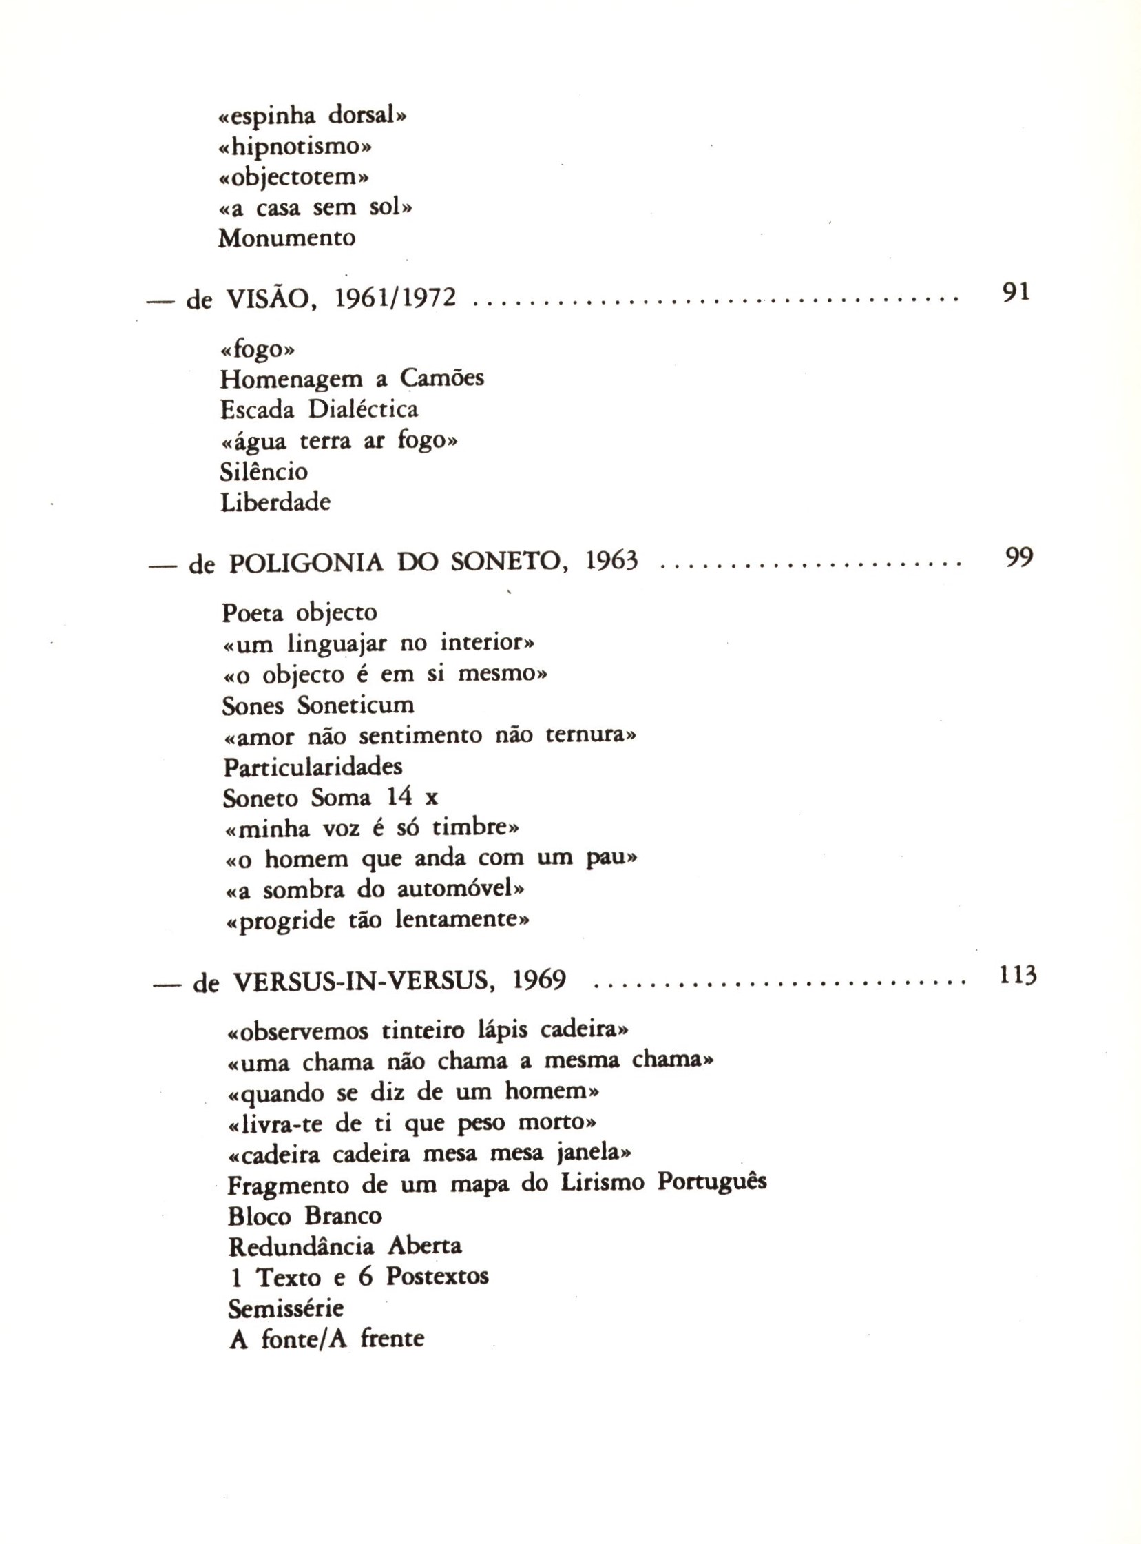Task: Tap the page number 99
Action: (x=1018, y=557)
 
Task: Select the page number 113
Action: (x=1018, y=975)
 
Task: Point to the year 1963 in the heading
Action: (x=611, y=562)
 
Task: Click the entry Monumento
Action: (x=286, y=238)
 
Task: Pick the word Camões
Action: (x=442, y=378)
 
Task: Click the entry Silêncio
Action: (x=264, y=472)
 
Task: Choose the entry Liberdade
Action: (x=275, y=502)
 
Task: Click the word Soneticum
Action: (x=356, y=706)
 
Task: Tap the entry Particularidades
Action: (x=313, y=767)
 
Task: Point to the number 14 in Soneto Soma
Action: (x=399, y=797)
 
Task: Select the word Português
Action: (x=711, y=1182)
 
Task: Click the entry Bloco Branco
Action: (x=304, y=1216)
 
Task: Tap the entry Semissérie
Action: (x=285, y=1308)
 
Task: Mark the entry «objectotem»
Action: (x=293, y=178)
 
